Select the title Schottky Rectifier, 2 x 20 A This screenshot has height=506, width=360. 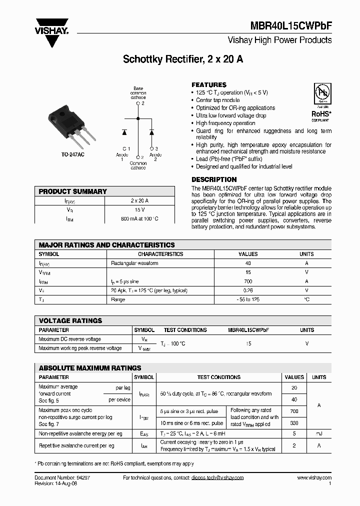[183, 59]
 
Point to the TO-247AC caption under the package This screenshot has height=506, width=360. [72, 155]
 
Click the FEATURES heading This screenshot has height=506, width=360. [209, 85]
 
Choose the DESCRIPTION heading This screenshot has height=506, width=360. [214, 179]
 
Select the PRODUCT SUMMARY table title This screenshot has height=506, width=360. [73, 191]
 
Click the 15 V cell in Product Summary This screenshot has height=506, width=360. [139, 210]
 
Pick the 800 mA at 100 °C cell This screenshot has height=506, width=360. [139, 219]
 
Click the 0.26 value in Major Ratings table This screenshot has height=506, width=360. [248, 290]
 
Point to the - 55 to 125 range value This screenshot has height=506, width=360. [248, 299]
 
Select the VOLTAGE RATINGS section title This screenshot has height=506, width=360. [70, 321]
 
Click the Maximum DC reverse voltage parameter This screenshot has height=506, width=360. [70, 339]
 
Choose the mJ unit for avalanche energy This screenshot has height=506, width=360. [319, 433]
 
